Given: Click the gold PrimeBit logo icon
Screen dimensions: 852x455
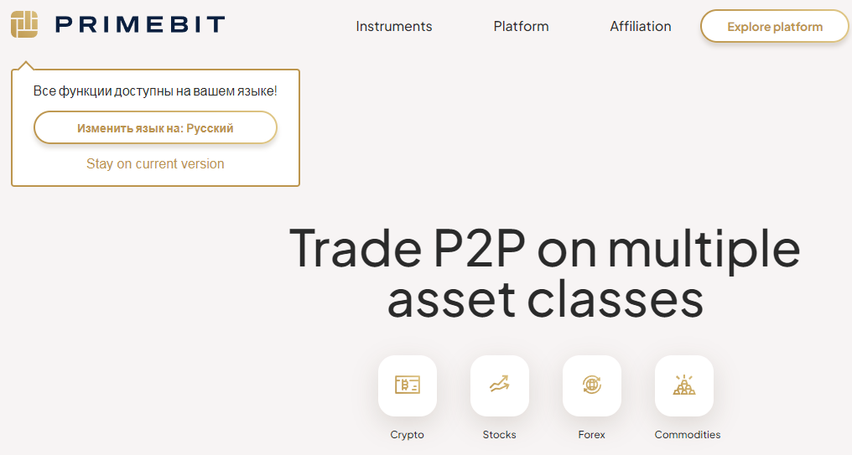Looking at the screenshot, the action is [x=24, y=24].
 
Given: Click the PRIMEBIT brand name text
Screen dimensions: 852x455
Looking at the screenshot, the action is [x=140, y=25].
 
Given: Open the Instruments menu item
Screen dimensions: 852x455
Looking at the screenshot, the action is [x=394, y=26].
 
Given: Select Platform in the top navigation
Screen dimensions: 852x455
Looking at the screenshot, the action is [x=521, y=26].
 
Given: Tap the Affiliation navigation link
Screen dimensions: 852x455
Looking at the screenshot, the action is [x=640, y=26].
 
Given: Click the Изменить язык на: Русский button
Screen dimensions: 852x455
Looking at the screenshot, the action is [x=155, y=127].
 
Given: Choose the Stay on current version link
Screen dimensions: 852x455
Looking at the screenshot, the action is [x=155, y=163].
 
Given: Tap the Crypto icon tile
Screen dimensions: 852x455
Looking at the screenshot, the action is [x=408, y=385].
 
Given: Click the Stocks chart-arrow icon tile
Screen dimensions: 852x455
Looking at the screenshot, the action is [x=499, y=385].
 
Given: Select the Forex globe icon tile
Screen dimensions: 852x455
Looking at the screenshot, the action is [x=592, y=385].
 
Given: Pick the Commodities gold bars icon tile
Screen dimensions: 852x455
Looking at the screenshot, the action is [x=684, y=385].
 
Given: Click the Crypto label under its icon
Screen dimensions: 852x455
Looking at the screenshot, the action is [x=407, y=435].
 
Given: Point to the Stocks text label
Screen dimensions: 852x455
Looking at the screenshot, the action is [x=499, y=434].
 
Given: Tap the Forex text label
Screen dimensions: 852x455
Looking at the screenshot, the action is [x=592, y=434].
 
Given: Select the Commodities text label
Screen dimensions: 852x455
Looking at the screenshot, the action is [x=688, y=434].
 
